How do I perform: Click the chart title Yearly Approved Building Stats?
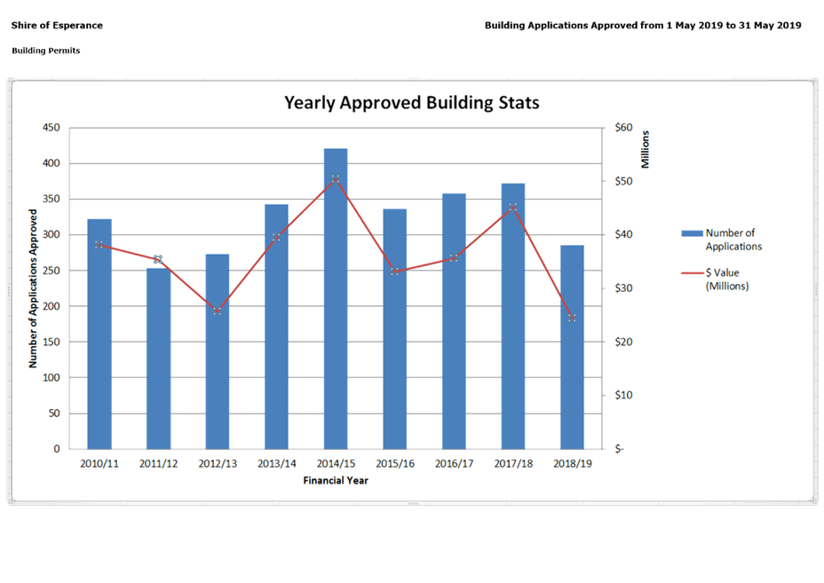[411, 103]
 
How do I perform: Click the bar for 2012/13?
[218, 351]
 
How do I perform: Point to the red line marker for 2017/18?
[513, 208]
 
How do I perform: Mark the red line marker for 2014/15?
[336, 179]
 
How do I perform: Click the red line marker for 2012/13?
[218, 311]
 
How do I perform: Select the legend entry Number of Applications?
[721, 240]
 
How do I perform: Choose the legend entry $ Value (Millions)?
[721, 279]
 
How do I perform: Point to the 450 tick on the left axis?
[51, 128]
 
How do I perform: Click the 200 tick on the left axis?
[51, 306]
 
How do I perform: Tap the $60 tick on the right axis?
[623, 128]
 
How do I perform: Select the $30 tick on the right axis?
[623, 288]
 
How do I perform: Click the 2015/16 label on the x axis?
[395, 464]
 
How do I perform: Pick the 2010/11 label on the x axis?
[99, 464]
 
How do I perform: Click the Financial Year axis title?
[336, 481]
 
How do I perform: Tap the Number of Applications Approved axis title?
[33, 288]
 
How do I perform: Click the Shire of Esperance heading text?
[57, 26]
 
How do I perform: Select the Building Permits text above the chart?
[46, 51]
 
